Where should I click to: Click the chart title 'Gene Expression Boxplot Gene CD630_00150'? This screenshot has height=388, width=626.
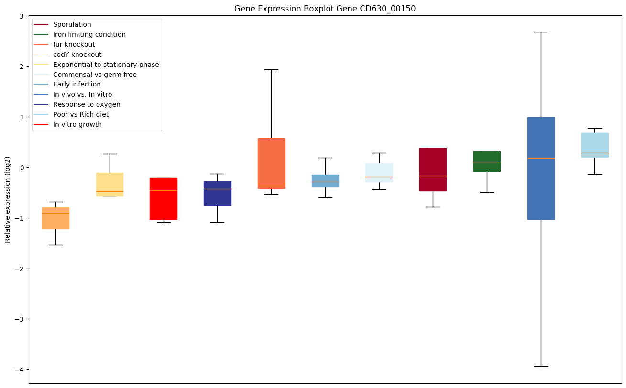[321, 9]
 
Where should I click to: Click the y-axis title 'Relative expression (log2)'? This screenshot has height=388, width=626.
[8, 199]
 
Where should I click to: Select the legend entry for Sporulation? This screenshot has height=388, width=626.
[72, 24]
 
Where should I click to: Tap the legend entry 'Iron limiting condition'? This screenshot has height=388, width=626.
[89, 34]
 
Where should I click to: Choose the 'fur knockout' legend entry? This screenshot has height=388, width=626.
[74, 44]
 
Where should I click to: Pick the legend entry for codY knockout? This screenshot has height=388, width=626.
[77, 54]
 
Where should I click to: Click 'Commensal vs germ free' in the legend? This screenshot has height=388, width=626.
[95, 75]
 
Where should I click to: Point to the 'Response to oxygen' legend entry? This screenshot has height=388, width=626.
[87, 104]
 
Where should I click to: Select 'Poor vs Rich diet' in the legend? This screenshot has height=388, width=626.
[81, 114]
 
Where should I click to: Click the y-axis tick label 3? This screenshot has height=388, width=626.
[22, 16]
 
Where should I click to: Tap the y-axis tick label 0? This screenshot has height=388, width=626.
[22, 167]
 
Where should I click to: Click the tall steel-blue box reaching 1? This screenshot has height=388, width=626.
[541, 168]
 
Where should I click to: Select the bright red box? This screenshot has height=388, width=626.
[164, 198]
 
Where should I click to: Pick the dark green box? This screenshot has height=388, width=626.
[487, 161]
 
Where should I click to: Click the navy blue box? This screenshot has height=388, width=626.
[218, 193]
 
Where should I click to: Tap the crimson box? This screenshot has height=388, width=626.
[433, 169]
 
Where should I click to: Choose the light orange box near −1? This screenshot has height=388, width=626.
[55, 218]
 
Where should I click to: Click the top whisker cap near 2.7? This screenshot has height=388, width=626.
[541, 32]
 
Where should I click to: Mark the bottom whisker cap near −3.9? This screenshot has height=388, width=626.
[541, 366]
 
